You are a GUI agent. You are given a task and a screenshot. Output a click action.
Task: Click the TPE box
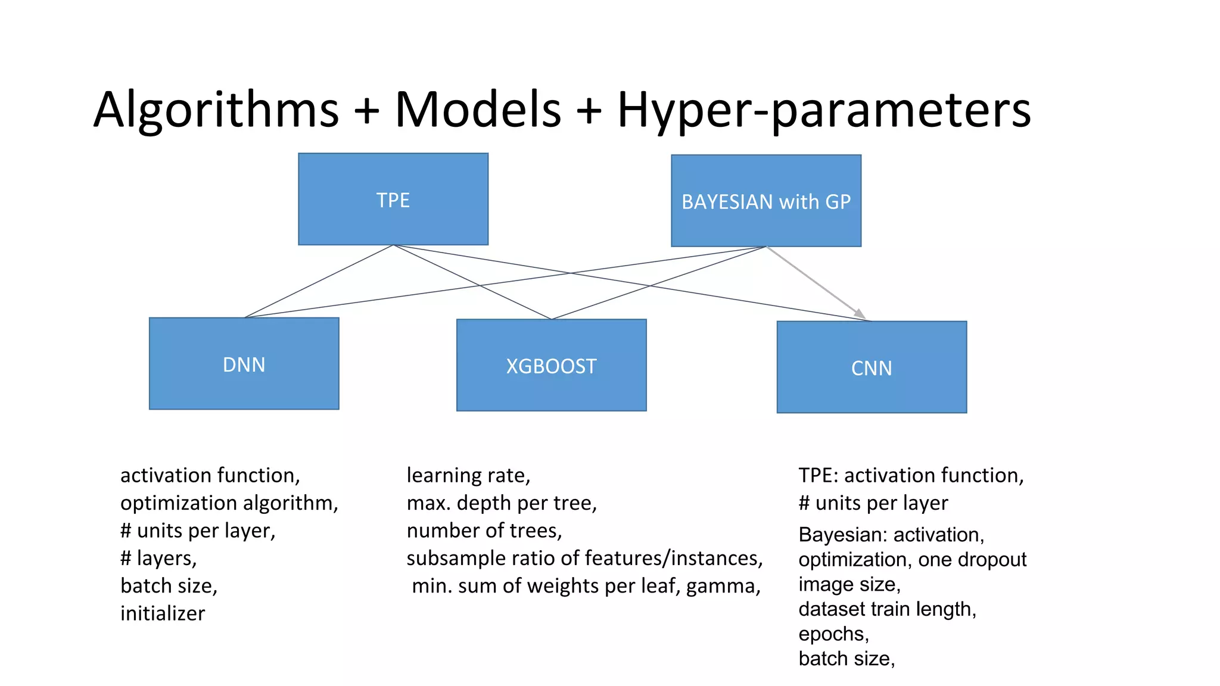pyautogui.click(x=393, y=199)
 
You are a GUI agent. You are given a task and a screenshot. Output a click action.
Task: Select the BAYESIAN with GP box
pyautogui.click(x=766, y=201)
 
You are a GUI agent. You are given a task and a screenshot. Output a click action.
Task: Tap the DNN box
pyautogui.click(x=244, y=364)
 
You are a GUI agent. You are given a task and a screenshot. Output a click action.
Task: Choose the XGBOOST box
pyautogui.click(x=551, y=366)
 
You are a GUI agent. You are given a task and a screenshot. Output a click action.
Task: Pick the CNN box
pyautogui.click(x=872, y=367)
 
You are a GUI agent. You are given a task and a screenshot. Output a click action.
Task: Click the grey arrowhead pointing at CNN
pyautogui.click(x=860, y=313)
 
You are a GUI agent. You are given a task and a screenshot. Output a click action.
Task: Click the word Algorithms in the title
pyautogui.click(x=216, y=110)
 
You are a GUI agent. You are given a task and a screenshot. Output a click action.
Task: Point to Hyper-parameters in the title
pyautogui.click(x=824, y=110)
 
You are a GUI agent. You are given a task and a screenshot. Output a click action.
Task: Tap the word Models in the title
pyautogui.click(x=478, y=110)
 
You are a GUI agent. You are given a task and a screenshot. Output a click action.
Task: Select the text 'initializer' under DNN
pyautogui.click(x=163, y=613)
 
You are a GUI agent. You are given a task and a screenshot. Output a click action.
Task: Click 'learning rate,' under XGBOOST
pyautogui.click(x=468, y=475)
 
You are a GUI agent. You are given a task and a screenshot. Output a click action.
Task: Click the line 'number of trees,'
pyautogui.click(x=484, y=531)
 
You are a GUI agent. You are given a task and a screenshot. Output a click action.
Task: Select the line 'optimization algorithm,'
pyautogui.click(x=229, y=503)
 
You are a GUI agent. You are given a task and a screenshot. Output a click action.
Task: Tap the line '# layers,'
pyautogui.click(x=158, y=559)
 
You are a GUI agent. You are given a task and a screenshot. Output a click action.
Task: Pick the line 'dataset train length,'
pyautogui.click(x=887, y=609)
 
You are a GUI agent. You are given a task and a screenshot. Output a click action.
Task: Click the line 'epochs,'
pyautogui.click(x=833, y=634)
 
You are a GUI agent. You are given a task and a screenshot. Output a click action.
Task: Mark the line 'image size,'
pyautogui.click(x=849, y=584)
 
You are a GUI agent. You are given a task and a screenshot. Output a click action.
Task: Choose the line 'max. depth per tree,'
pyautogui.click(x=502, y=503)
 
